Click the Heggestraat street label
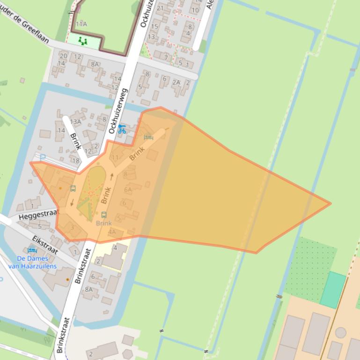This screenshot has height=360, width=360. [40, 215]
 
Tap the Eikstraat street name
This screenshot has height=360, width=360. [45, 245]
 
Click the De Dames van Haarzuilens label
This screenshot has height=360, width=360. [37, 262]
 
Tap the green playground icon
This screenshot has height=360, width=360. [83, 41]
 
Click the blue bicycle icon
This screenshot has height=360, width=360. [122, 129]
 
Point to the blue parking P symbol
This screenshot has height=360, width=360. [43, 158]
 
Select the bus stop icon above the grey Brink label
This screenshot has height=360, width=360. [103, 215]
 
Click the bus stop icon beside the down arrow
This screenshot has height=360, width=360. [73, 188]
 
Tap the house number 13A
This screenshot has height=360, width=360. [75, 122]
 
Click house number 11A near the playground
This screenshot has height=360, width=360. [81, 23]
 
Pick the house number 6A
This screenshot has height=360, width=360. [128, 189]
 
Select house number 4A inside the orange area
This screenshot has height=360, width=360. [111, 231]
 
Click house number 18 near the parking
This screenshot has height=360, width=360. [76, 161]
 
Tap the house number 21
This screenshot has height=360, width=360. [161, 8]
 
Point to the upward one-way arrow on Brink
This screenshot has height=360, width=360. [111, 177]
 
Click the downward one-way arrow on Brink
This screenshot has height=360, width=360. [72, 202]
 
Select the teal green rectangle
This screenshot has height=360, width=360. [333, 290]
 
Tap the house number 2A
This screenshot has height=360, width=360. [176, 82]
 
